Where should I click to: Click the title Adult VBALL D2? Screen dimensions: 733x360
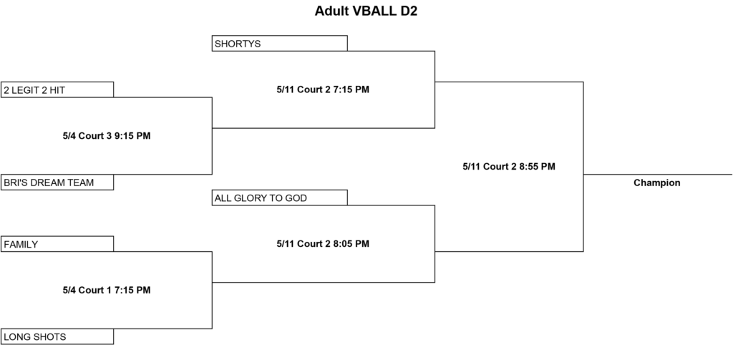pyautogui.click(x=366, y=11)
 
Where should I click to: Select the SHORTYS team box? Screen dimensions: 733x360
pyautogui.click(x=280, y=43)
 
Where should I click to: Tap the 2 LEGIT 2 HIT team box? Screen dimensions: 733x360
pyautogui.click(x=57, y=89)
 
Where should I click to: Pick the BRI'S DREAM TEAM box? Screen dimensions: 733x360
pyautogui.click(x=57, y=183)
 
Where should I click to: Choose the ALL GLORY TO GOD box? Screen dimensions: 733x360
pyautogui.click(x=280, y=198)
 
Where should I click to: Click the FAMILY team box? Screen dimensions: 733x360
pyautogui.click(x=57, y=244)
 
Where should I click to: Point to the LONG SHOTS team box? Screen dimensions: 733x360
pyautogui.click(x=57, y=336)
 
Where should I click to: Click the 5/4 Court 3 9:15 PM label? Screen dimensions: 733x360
pyautogui.click(x=107, y=136)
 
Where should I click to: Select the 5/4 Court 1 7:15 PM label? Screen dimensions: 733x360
pyautogui.click(x=107, y=291)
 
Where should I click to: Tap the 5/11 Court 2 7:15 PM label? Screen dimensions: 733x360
pyautogui.click(x=323, y=89)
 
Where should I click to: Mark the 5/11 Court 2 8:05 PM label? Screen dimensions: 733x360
pyautogui.click(x=323, y=243)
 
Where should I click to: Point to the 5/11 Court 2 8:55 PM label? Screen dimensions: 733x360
pyautogui.click(x=509, y=167)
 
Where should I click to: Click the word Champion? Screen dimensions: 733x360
pyautogui.click(x=657, y=183)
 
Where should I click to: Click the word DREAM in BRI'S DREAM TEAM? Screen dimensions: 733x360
pyautogui.click(x=48, y=183)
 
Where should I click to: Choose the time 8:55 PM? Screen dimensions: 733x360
pyautogui.click(x=538, y=167)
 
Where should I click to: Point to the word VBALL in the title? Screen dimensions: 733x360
pyautogui.click(x=375, y=11)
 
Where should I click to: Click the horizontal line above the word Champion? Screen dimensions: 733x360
pyautogui.click(x=658, y=175)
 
